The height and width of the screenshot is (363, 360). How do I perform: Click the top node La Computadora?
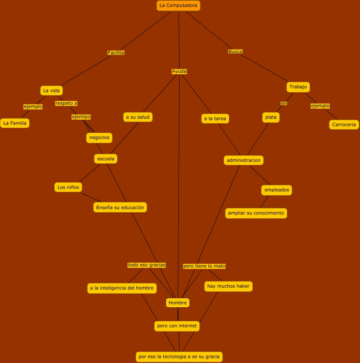178,6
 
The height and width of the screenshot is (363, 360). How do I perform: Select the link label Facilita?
116,53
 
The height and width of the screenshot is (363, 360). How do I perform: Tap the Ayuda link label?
179,71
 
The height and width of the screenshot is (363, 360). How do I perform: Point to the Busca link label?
235,52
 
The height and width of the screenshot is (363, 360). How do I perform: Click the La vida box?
51,91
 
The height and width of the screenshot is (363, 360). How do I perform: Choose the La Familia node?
15,123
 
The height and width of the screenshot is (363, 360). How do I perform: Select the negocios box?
99,138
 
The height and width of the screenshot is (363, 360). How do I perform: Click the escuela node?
106,159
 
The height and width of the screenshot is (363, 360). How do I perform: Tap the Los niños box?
68,187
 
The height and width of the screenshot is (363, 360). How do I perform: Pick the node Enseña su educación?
120,207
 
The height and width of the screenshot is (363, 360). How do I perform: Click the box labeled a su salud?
138,117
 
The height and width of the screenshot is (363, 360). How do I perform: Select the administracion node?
244,160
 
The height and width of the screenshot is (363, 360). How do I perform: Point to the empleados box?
277,190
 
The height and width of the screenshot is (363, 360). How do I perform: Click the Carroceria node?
344,124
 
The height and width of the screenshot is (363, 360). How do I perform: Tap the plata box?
271,117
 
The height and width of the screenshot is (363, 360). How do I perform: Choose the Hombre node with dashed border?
178,303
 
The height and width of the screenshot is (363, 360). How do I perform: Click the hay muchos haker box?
228,286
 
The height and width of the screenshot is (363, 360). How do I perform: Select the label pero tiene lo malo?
204,266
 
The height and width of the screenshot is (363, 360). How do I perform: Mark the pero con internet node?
177,326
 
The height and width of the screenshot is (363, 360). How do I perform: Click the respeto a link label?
66,103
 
